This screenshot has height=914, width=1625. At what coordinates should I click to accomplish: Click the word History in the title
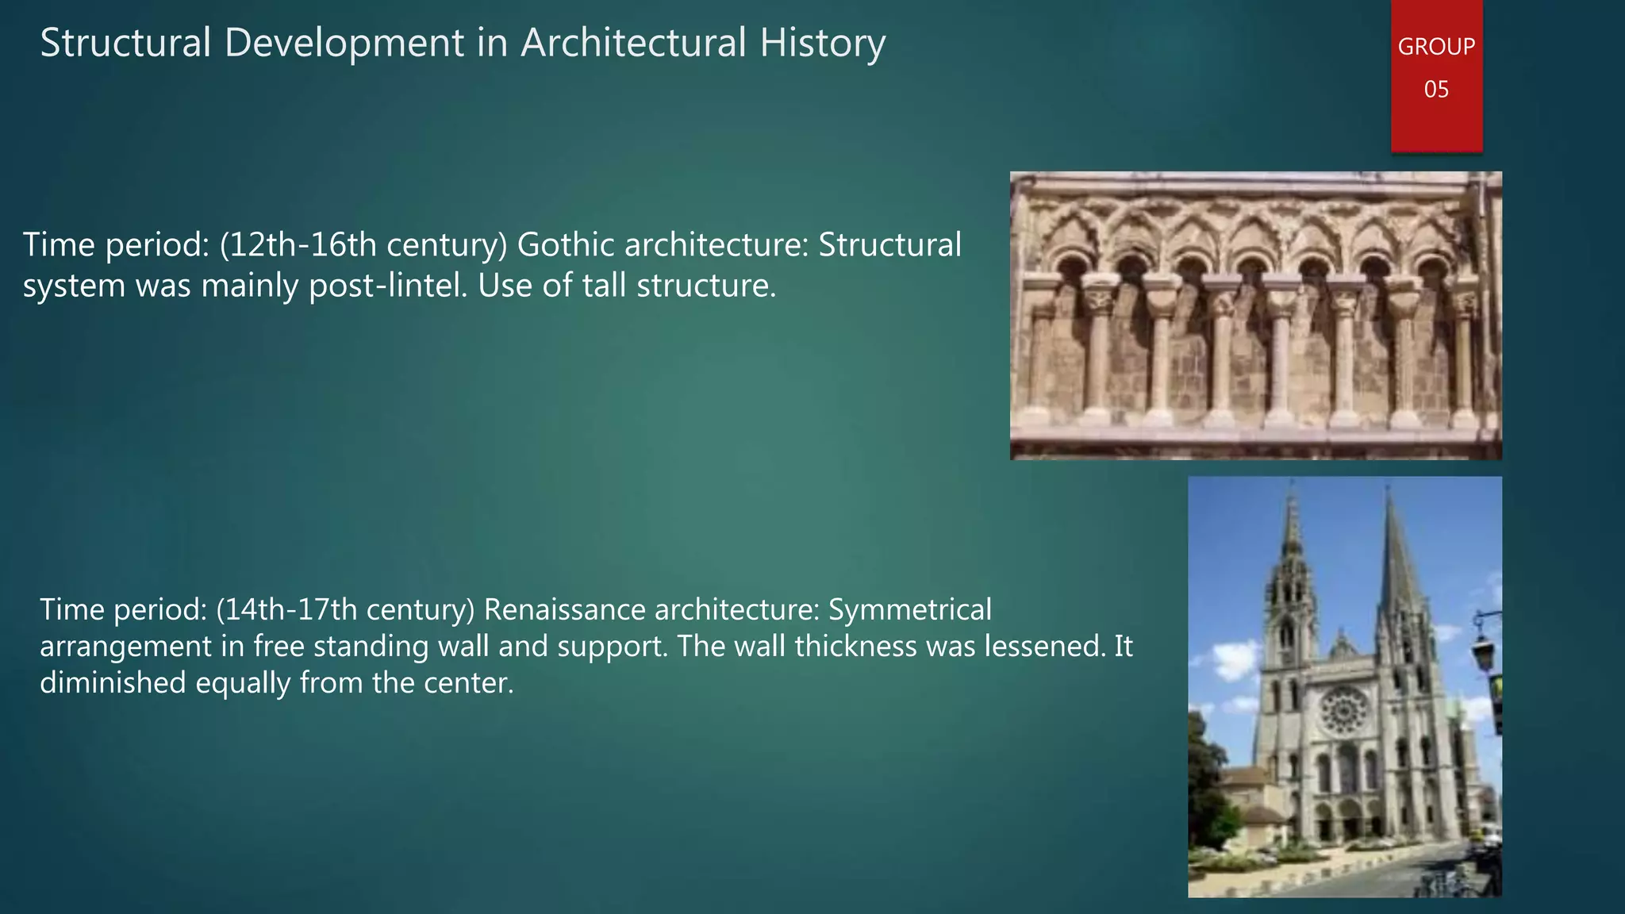[822, 43]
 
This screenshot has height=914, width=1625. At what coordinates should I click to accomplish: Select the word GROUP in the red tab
[1435, 47]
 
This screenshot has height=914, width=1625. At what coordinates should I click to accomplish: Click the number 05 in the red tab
[1436, 89]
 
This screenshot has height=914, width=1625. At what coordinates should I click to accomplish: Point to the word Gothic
[566, 245]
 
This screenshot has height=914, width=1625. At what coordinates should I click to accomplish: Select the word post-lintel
[388, 286]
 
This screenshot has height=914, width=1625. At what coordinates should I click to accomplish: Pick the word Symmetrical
[910, 610]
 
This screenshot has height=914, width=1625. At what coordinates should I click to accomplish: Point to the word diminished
[113, 683]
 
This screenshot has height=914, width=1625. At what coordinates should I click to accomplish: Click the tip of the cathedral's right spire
[1388, 486]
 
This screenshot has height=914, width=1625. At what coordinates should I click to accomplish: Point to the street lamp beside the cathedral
[1483, 647]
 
